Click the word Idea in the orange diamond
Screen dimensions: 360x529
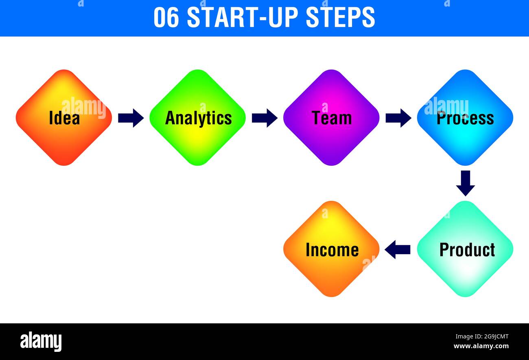click(64, 118)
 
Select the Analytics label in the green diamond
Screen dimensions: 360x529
click(198, 118)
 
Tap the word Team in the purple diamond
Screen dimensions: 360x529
click(332, 118)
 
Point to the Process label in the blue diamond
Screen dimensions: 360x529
click(465, 118)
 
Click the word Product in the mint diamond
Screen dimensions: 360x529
click(467, 250)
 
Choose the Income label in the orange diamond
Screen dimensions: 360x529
click(332, 250)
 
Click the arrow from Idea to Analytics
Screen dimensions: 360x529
click(131, 118)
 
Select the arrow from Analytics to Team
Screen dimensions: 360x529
click(264, 118)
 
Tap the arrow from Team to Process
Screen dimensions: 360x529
click(398, 118)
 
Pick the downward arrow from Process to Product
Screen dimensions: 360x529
click(465, 183)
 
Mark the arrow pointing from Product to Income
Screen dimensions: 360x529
click(397, 249)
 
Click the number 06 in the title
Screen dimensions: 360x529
click(166, 18)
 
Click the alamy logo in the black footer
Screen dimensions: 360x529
click(41, 341)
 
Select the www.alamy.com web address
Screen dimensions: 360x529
click(481, 346)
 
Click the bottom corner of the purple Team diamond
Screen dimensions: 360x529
click(331, 165)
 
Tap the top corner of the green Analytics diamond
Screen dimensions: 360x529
click(198, 71)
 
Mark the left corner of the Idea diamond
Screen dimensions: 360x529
click(17, 118)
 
